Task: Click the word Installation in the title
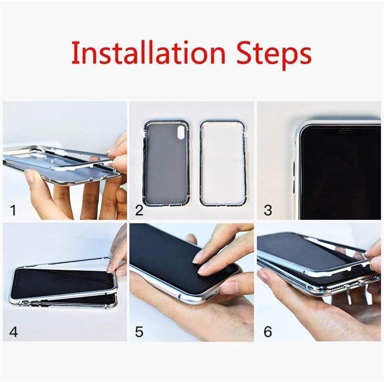pyautogui.click(x=148, y=53)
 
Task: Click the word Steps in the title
pyautogui.click(x=274, y=55)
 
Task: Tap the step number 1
pyautogui.click(x=13, y=210)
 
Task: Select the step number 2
pyautogui.click(x=139, y=210)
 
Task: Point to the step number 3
pyautogui.click(x=268, y=210)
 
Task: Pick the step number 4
pyautogui.click(x=14, y=332)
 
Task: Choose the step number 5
pyautogui.click(x=139, y=332)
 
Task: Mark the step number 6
pyautogui.click(x=268, y=332)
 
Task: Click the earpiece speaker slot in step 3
pyautogui.click(x=346, y=131)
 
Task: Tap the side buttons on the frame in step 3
pyautogui.click(x=295, y=177)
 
